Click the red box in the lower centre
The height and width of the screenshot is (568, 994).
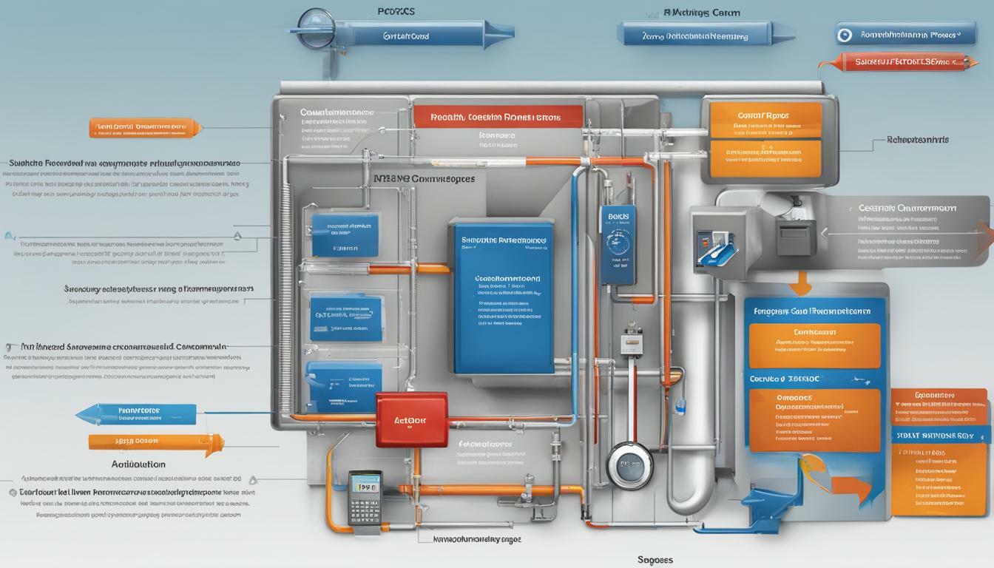click(411, 419)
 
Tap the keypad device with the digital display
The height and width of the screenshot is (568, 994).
click(365, 497)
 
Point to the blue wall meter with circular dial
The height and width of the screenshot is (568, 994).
click(618, 245)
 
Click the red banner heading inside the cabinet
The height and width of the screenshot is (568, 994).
click(498, 117)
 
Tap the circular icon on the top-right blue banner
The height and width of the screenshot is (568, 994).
click(845, 35)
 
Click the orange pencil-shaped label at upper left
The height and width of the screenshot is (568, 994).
click(145, 127)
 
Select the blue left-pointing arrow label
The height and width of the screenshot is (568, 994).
click(136, 413)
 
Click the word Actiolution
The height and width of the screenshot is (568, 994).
click(138, 464)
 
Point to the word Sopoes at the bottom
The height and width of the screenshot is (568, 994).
click(655, 560)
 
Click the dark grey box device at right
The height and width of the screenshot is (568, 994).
click(795, 237)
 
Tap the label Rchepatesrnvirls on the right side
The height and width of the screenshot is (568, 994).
click(917, 139)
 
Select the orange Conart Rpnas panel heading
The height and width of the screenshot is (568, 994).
click(765, 116)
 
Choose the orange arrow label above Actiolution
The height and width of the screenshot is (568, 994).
click(155, 442)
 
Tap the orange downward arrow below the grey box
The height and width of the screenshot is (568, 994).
click(800, 283)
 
